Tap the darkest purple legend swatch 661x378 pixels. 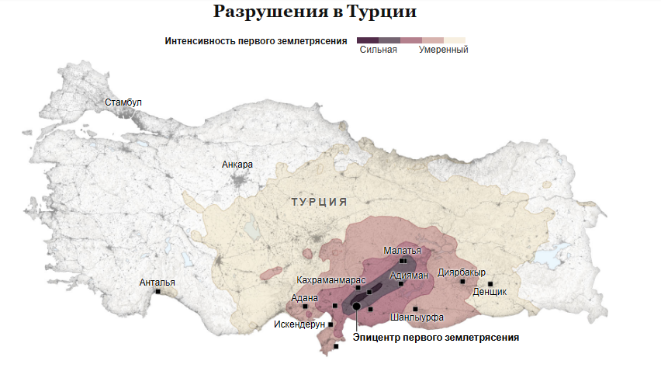click(368, 40)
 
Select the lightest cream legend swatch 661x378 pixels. click(455, 40)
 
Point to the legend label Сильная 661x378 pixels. click(379, 50)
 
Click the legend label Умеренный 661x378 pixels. click(444, 50)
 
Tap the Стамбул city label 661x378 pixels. click(123, 102)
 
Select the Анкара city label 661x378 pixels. click(237, 165)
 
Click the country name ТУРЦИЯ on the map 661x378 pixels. click(319, 202)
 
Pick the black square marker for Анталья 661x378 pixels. click(157, 292)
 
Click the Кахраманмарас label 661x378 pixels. click(330, 279)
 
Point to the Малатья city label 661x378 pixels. click(403, 251)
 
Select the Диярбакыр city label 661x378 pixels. click(462, 272)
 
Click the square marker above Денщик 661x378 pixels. click(490, 283)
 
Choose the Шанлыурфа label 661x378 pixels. click(417, 317)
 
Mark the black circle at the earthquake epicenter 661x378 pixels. click(356, 306)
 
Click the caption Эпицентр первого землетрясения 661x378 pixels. click(435, 338)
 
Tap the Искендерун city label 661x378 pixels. click(299, 324)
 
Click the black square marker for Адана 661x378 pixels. click(305, 306)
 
